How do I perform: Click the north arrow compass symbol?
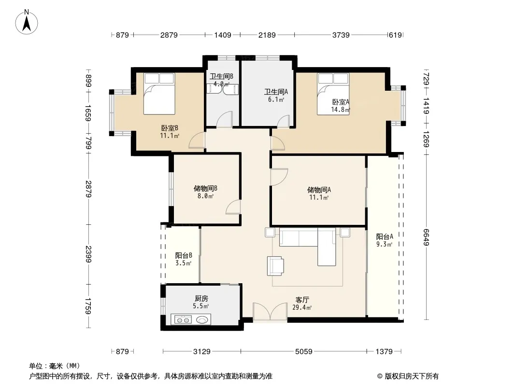tap(27, 22)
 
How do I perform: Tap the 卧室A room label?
tap(341, 102)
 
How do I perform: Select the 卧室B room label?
tap(170, 128)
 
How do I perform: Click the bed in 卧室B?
tap(159, 94)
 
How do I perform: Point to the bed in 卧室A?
tap(333, 94)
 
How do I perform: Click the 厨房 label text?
tap(201, 299)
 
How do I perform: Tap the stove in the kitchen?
tap(183, 319)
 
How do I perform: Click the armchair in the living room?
tap(275, 266)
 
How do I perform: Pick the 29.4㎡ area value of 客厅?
tap(302, 307)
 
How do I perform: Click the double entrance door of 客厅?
tap(270, 312)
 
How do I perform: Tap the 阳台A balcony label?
tap(384, 236)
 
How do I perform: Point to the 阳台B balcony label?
tap(184, 255)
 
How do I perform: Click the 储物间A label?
tap(319, 190)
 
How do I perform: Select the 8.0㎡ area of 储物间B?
tap(205, 196)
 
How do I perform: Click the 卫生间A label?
tap(276, 92)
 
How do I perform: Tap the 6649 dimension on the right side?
tap(426, 237)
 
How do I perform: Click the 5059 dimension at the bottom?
tap(303, 352)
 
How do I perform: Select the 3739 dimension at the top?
tap(341, 35)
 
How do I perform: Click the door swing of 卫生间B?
tap(224, 119)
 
